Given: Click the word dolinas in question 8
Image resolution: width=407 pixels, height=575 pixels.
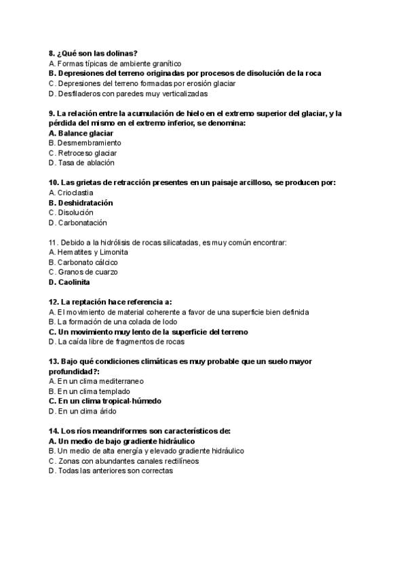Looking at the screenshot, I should coord(124,53).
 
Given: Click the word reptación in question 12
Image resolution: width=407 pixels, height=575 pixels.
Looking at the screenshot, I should coord(85,302).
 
